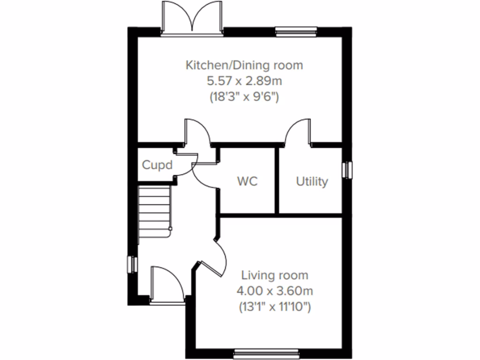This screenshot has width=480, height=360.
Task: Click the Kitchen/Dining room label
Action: tap(244, 65)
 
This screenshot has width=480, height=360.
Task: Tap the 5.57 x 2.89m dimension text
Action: tap(244, 81)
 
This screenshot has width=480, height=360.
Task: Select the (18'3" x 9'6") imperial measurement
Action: tap(244, 97)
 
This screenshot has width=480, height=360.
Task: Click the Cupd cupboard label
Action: tap(157, 165)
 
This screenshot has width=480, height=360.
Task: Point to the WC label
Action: tap(247, 181)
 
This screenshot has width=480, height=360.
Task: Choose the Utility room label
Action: tap(312, 181)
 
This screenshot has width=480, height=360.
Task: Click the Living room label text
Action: tap(275, 275)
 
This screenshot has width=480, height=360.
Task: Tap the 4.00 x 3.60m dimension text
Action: tap(275, 291)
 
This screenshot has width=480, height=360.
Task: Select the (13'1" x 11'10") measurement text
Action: tap(275, 307)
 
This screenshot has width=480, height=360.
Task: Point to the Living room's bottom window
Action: tap(266, 352)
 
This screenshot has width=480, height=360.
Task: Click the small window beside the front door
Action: tap(132, 264)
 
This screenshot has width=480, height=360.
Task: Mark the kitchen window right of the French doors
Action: tap(296, 32)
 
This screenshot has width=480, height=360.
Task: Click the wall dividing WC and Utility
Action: tap(277, 180)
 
